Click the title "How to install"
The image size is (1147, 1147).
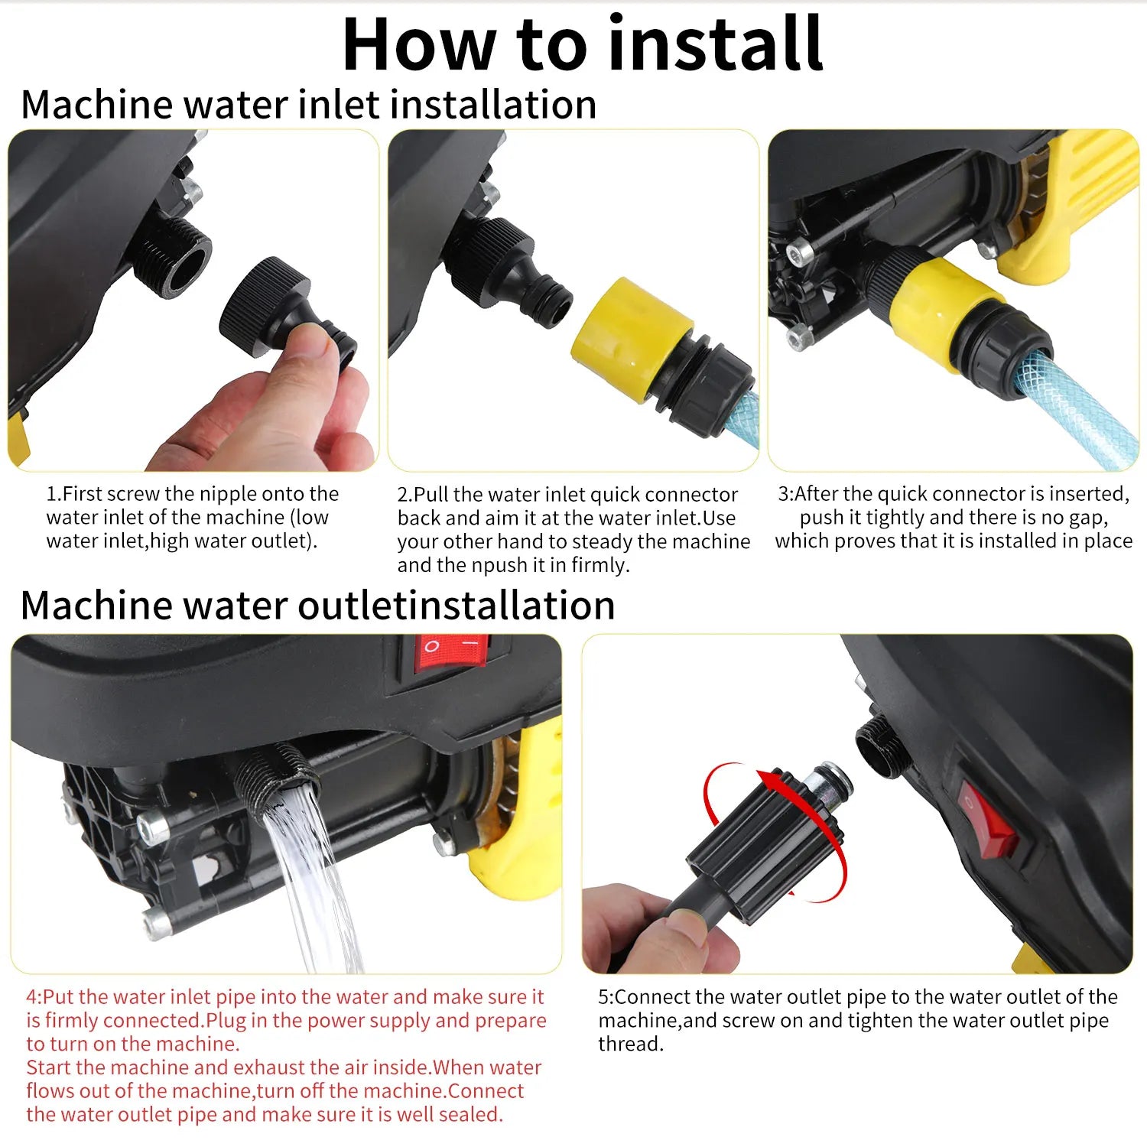point(583,44)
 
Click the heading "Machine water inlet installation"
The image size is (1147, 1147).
point(309,104)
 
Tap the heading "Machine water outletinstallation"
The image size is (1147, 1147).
point(318,605)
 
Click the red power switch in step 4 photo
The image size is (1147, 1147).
point(451,653)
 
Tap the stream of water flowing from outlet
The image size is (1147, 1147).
point(314,879)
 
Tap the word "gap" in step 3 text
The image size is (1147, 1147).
point(1087,518)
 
